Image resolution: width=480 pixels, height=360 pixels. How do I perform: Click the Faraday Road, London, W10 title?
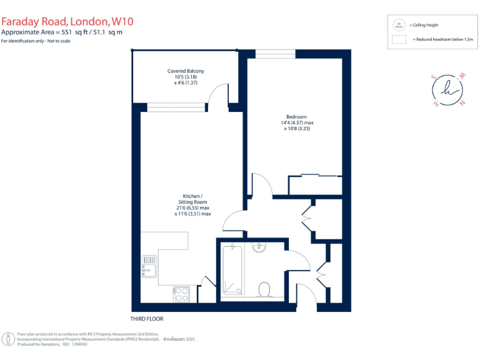(67, 21)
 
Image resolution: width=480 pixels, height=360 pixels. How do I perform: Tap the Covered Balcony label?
(186, 71)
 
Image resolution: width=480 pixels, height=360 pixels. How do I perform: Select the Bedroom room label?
(296, 117)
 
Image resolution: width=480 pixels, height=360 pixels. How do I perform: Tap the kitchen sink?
(149, 266)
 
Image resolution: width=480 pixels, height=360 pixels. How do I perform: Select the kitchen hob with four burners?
(181, 294)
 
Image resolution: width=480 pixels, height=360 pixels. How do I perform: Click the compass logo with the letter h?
(447, 89)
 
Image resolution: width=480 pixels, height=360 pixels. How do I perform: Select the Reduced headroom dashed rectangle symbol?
(398, 39)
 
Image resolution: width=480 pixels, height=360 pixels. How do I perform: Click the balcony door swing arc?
(219, 95)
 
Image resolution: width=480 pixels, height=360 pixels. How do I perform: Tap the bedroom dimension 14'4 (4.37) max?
(297, 123)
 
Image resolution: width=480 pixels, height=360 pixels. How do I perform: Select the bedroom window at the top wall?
(276, 54)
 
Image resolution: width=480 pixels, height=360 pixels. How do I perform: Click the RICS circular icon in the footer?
(9, 339)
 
